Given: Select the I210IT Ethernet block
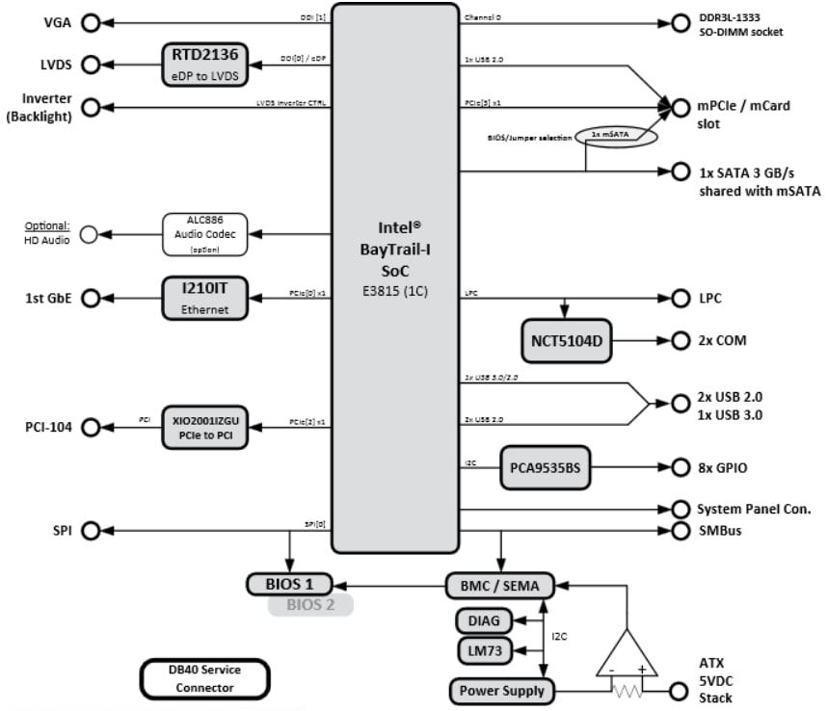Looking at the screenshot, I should pyautogui.click(x=203, y=298).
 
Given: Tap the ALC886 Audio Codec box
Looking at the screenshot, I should pyautogui.click(x=205, y=234).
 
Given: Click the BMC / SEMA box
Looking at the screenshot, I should pyautogui.click(x=499, y=585).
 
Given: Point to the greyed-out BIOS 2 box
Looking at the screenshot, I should pyautogui.click(x=310, y=606).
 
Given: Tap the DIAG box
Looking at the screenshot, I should pyautogui.click(x=484, y=620).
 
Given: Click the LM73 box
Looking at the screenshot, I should pyautogui.click(x=484, y=652).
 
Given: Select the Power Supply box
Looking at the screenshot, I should pyautogui.click(x=501, y=691).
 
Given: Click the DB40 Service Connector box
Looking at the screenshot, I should pyautogui.click(x=204, y=678).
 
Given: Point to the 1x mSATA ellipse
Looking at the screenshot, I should pyautogui.click(x=616, y=136).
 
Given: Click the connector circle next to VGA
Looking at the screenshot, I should pyautogui.click(x=91, y=23).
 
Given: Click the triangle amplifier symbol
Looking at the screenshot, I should pyautogui.click(x=627, y=649).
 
